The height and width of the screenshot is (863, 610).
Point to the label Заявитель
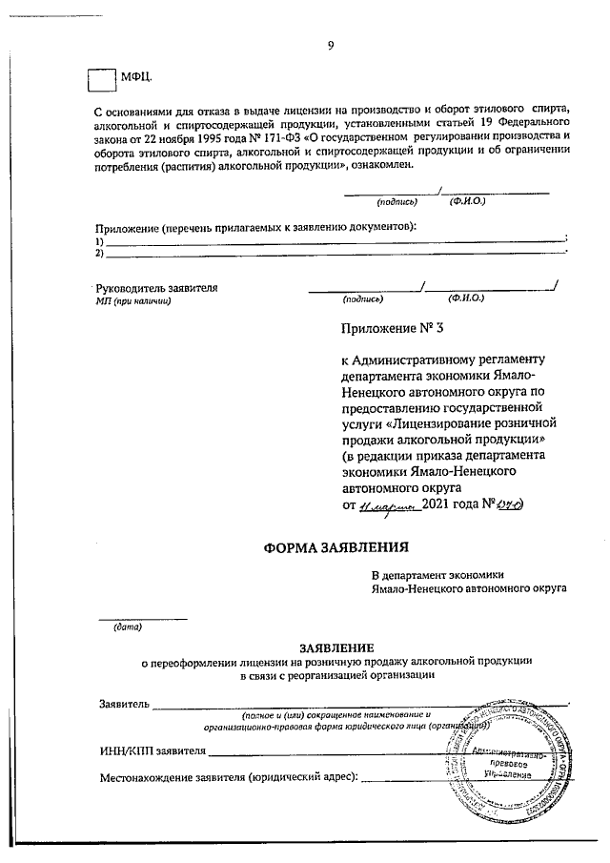click(124, 704)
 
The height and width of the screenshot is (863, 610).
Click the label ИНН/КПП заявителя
click(152, 750)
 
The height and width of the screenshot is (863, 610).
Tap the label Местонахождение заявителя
click(229, 779)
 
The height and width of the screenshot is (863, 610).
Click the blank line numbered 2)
click(334, 253)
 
